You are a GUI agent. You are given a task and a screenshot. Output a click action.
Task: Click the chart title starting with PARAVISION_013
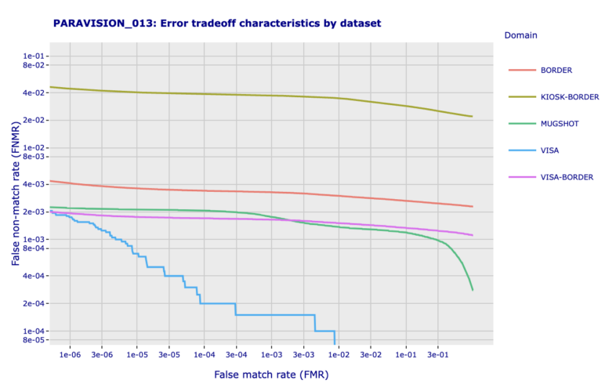tap(217, 24)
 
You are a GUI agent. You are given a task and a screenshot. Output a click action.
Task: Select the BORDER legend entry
tap(556, 71)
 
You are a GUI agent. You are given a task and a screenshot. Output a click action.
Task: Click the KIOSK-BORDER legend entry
tap(569, 97)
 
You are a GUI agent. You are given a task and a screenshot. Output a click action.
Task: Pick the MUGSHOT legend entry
tap(560, 124)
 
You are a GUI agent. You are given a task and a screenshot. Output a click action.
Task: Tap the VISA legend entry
tap(549, 150)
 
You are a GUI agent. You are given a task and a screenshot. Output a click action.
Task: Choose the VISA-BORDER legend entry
tap(567, 177)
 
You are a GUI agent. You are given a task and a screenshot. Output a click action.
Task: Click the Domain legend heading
tap(520, 35)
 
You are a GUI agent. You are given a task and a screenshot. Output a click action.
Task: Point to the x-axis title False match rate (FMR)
tap(271, 375)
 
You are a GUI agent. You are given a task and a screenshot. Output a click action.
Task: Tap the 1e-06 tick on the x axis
tap(71, 354)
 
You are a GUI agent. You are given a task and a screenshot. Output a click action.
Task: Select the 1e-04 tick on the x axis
tap(205, 354)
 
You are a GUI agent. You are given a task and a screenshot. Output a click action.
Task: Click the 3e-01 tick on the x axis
tap(438, 354)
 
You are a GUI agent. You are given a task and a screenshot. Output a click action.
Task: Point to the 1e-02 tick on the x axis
tap(339, 354)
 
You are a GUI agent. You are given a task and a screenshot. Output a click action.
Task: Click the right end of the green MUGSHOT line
tap(473, 290)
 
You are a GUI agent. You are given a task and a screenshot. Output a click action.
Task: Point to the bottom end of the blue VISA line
tap(335, 343)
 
